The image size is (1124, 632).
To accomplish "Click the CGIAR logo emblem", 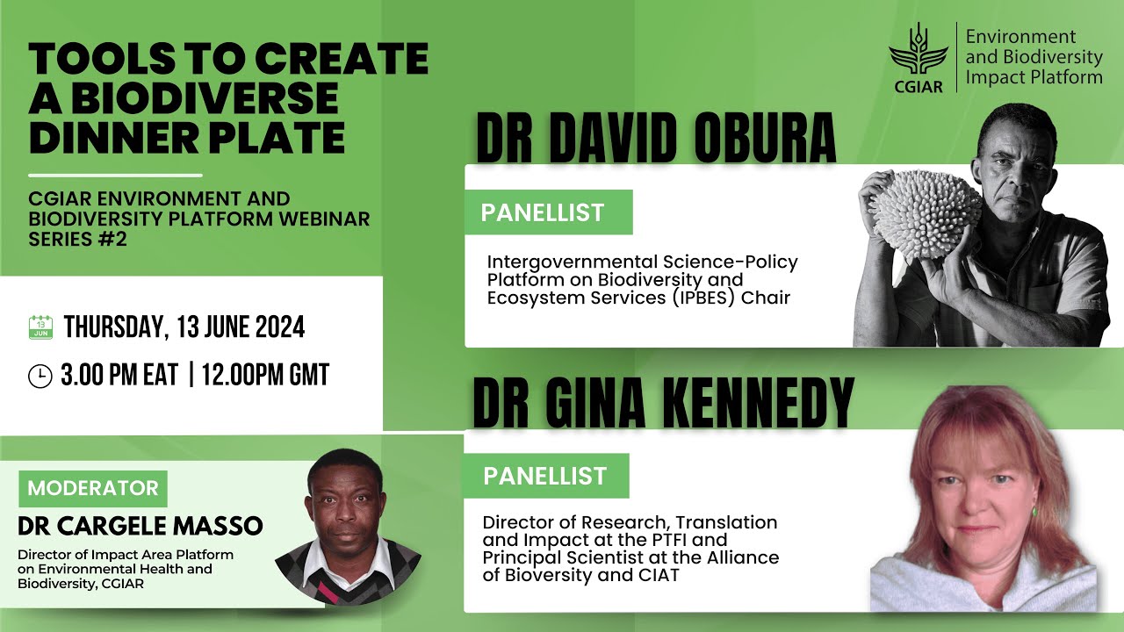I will coord(919,52).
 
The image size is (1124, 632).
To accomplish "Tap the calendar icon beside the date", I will coord(41,327).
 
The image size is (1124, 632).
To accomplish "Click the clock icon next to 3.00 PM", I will coord(40,376).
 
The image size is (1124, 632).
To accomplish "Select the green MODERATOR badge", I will coord(93,489).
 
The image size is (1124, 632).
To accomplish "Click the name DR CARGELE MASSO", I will coord(140,526).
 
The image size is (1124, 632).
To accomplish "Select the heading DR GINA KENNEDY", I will coord(663,403).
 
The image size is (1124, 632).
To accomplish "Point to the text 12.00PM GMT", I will coord(265,376).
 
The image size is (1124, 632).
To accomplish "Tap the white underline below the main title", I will coord(115,175).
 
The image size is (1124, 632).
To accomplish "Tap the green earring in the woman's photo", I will coord(1034,510).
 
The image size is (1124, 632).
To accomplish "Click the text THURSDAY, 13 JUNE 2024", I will coord(184,328).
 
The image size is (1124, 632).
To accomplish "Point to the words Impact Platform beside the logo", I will coord(1034,77).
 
